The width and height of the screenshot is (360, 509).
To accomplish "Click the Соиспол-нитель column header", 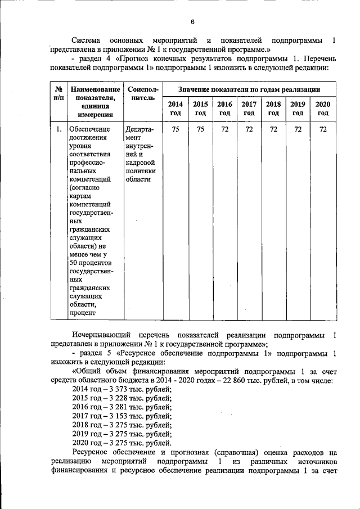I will (x=143, y=93).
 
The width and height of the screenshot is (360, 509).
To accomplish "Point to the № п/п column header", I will (x=58, y=93).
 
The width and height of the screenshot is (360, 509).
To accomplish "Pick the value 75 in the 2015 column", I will (x=200, y=129).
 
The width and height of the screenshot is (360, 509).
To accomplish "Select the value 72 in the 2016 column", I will (x=224, y=129).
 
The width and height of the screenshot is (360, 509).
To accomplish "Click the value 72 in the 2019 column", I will (x=298, y=129).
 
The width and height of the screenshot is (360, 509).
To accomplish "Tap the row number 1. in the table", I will (x=58, y=129).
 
